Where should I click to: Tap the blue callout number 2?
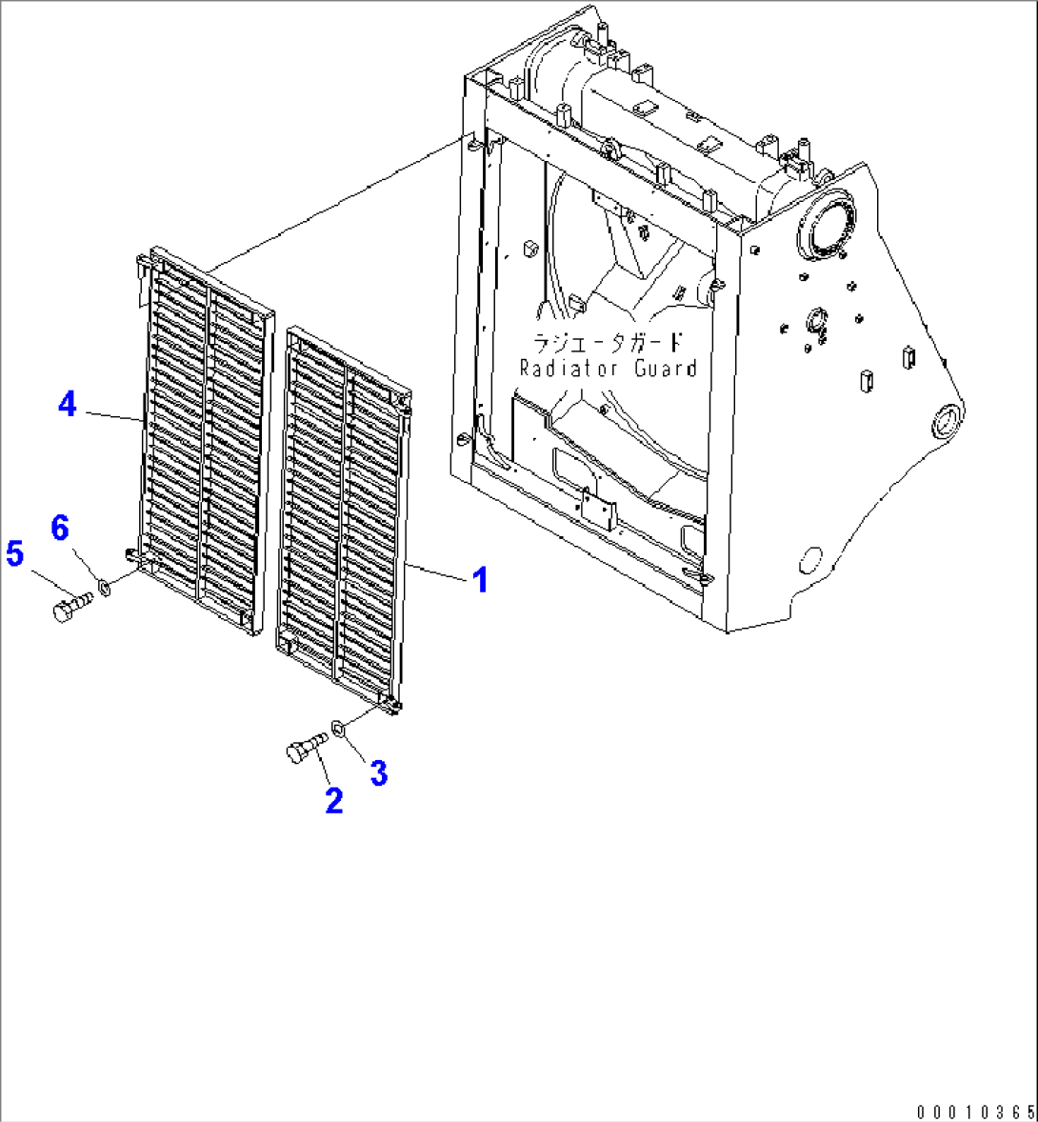[x=334, y=800]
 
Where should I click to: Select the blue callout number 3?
[x=378, y=772]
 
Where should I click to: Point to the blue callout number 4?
[x=68, y=404]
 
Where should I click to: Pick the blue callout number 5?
[x=14, y=553]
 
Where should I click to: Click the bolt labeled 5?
[x=72, y=606]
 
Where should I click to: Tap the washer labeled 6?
[x=105, y=589]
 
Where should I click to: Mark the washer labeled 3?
[x=338, y=730]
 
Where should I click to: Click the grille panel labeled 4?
[x=204, y=441]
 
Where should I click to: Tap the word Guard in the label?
[x=666, y=369]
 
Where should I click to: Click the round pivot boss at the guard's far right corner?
[x=947, y=422]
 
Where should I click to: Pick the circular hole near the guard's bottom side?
[x=810, y=559]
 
